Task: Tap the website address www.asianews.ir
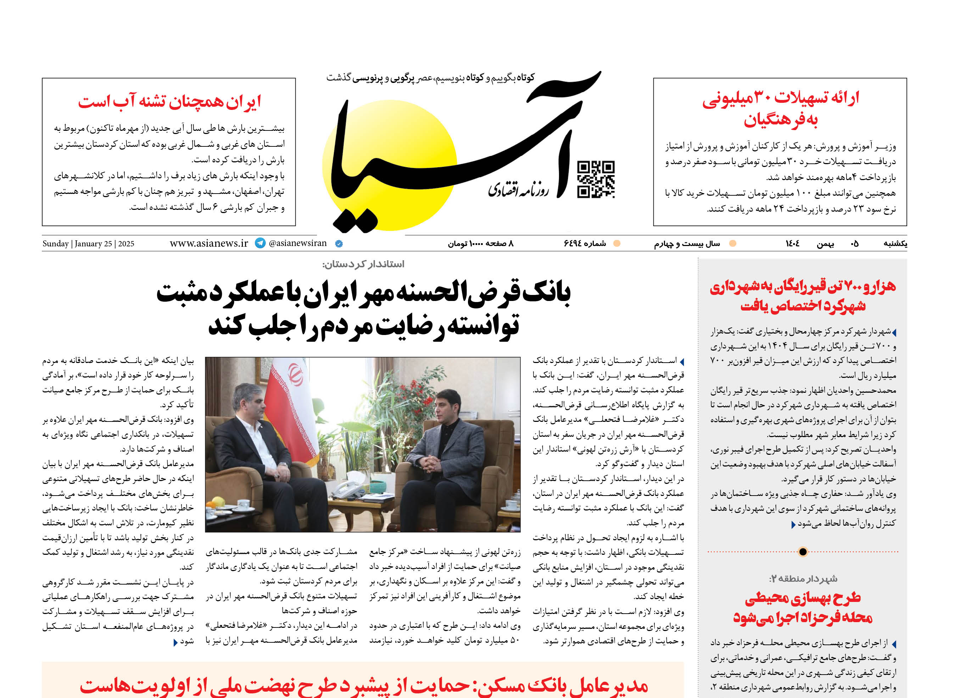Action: click(x=209, y=243)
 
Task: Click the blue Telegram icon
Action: click(x=260, y=243)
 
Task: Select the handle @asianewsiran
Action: click(x=297, y=243)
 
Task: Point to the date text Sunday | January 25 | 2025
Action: click(x=88, y=244)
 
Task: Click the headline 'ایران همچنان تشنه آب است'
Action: click(x=169, y=102)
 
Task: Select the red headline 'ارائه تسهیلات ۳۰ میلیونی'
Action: click(x=780, y=98)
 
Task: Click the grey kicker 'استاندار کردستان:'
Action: click(x=363, y=264)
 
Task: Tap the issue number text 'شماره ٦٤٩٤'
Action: click(x=585, y=244)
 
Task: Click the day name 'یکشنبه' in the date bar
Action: click(x=895, y=244)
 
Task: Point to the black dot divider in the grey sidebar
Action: click(x=803, y=552)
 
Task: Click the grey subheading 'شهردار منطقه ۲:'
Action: click(x=803, y=579)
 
